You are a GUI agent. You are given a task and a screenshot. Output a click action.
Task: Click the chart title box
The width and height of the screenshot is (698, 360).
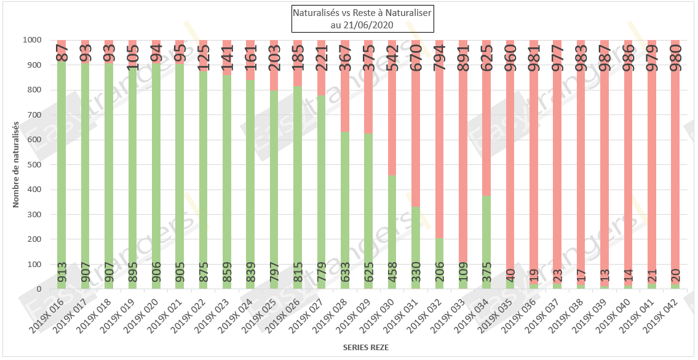tap(362, 19)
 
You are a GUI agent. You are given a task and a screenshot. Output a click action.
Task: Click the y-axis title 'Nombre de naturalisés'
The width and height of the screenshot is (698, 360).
tap(17, 164)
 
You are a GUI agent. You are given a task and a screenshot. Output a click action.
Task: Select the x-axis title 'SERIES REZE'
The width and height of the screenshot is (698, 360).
tap(365, 348)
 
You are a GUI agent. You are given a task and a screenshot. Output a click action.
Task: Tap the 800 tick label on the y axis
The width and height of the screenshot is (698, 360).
tap(34, 90)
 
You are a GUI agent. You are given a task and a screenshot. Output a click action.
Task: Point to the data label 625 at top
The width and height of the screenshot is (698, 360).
tap(486, 56)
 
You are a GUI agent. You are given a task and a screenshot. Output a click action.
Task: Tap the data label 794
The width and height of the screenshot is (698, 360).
tap(440, 56)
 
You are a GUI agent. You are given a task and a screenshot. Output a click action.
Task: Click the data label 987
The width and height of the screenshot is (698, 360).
tap(604, 56)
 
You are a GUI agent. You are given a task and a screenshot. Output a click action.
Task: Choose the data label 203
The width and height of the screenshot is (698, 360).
tap(274, 56)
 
